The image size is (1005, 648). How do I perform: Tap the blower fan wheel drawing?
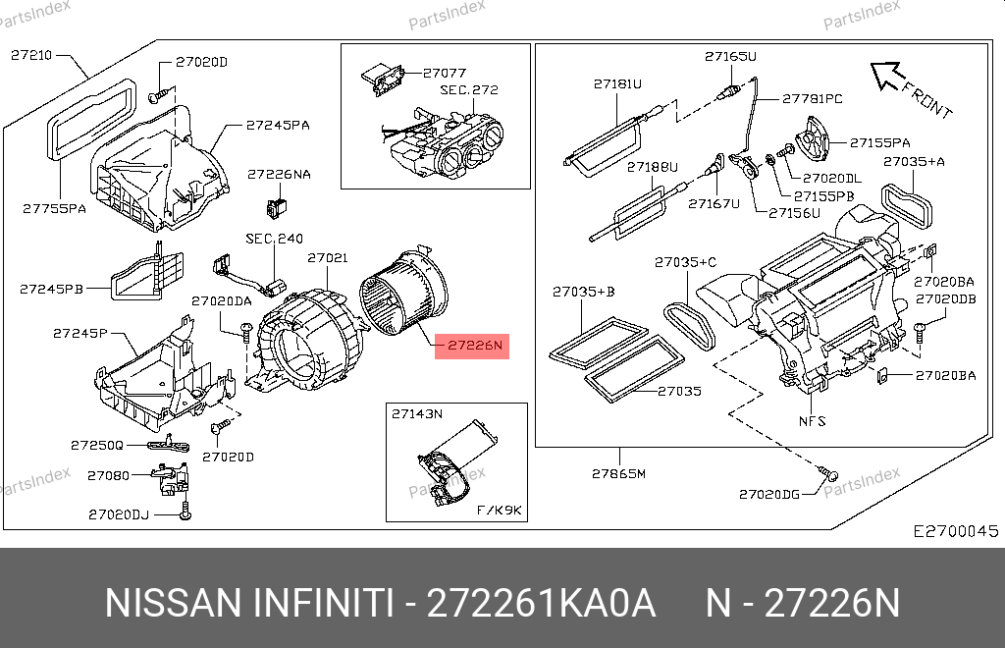[403, 293]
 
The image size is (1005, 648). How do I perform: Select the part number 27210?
[31, 55]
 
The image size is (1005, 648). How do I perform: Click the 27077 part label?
[445, 73]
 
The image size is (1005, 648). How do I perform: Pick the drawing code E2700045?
[956, 531]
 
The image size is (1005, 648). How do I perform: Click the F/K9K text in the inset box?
[499, 511]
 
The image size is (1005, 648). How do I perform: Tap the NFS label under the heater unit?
[812, 421]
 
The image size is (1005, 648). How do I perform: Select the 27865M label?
[618, 473]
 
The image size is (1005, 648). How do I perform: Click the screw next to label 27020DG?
[827, 473]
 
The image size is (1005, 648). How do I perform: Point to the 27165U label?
[730, 56]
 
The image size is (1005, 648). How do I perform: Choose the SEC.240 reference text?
[275, 239]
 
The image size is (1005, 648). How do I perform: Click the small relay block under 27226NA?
[276, 207]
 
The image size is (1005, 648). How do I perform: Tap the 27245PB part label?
[51, 289]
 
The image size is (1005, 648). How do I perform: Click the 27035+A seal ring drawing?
[906, 205]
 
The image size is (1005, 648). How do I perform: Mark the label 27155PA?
[880, 143]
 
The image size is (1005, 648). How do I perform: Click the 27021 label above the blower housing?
[328, 257]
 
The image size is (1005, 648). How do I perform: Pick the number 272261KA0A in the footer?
[541, 603]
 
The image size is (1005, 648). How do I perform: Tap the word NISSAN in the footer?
[173, 603]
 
